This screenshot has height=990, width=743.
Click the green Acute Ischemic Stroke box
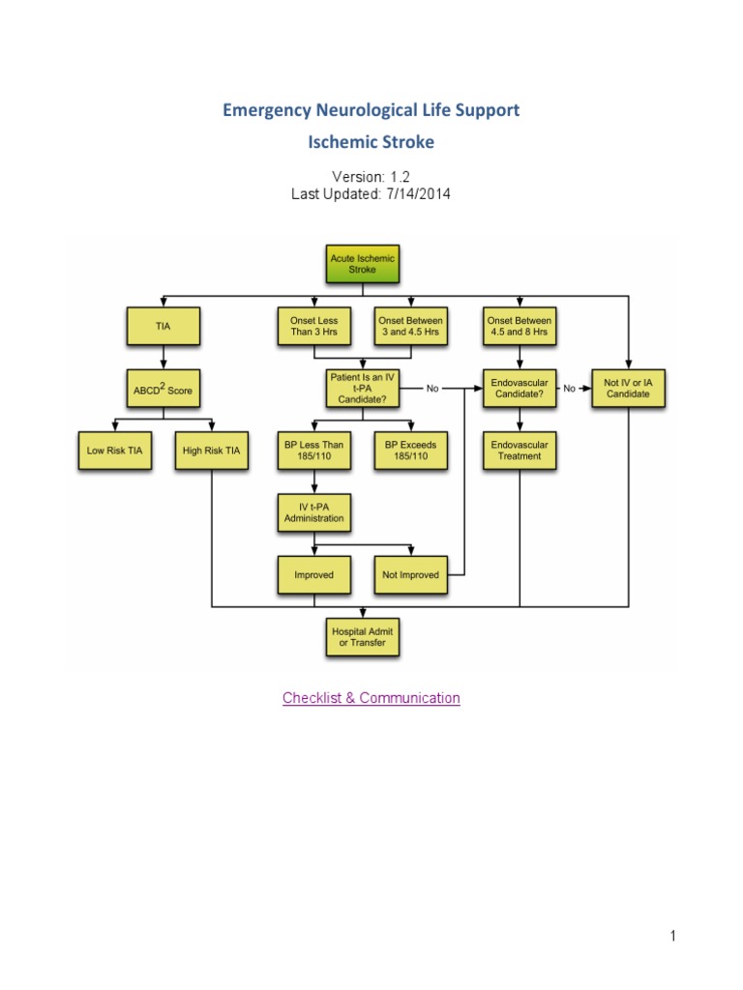(363, 264)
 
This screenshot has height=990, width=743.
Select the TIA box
(163, 326)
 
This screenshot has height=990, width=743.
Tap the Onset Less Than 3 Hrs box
(313, 326)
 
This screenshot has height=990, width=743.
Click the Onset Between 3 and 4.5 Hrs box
(411, 326)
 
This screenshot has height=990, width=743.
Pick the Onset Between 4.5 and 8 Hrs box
(520, 326)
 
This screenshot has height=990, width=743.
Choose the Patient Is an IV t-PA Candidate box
(363, 389)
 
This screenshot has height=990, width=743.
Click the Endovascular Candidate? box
(520, 389)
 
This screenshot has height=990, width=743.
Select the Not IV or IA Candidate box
(629, 389)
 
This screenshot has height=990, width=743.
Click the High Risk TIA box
(211, 451)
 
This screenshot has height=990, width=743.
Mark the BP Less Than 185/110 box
(313, 451)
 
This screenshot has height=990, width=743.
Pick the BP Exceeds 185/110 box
(411, 451)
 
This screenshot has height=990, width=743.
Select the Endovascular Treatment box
(520, 451)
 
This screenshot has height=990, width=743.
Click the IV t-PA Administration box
(313, 512)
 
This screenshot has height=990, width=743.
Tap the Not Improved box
(411, 574)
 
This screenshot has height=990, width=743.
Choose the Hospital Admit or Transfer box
(363, 637)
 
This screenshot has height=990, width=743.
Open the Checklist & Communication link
(371, 698)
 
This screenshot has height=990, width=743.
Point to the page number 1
(671, 936)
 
